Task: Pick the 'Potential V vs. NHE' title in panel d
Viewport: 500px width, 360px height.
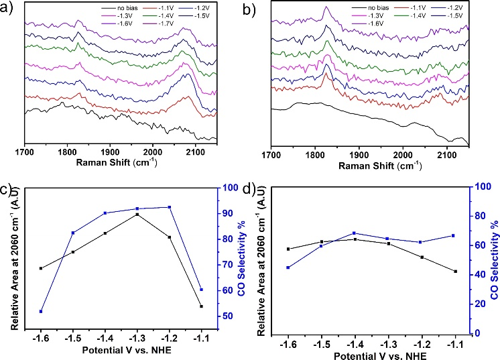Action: pyautogui.click(x=371, y=352)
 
